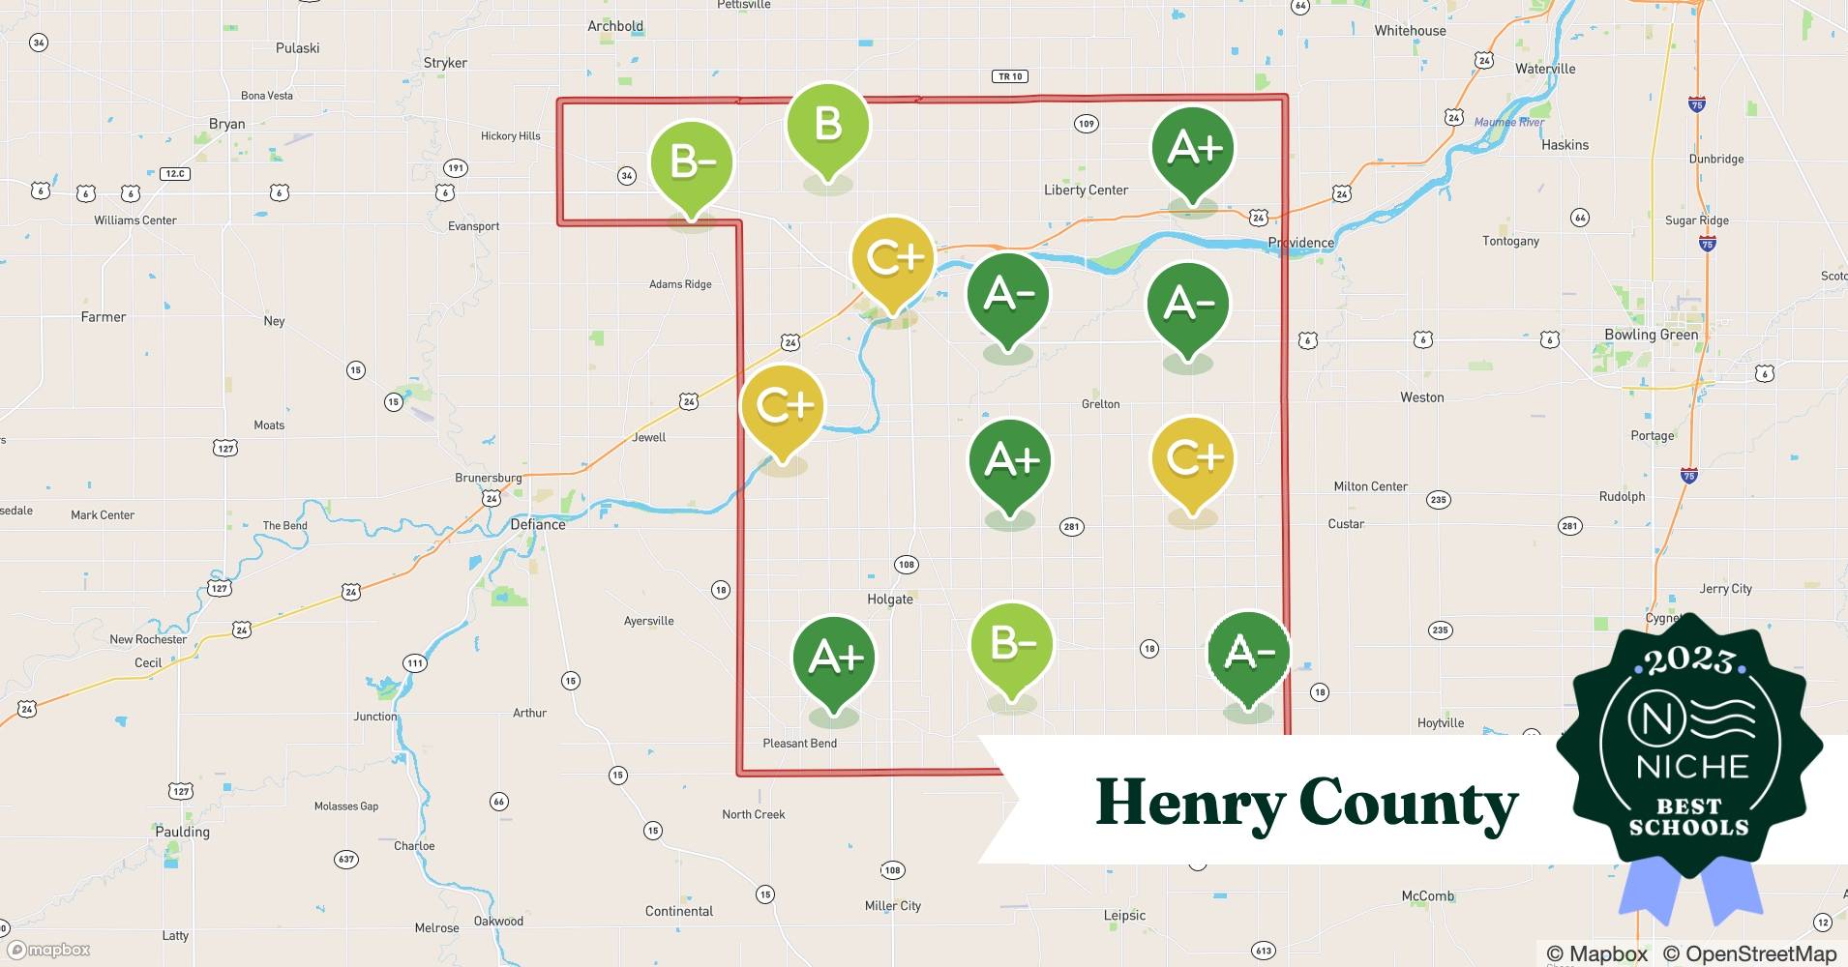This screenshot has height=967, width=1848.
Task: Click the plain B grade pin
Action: tap(827, 126)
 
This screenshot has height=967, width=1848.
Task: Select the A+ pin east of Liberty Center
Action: tap(1192, 149)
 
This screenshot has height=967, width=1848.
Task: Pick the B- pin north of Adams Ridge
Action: tap(691, 162)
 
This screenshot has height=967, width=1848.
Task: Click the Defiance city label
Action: tap(538, 524)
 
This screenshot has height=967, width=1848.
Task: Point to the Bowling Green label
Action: tap(1651, 335)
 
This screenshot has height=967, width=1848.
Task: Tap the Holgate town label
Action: tap(889, 600)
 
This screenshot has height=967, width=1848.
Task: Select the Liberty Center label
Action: tap(1086, 190)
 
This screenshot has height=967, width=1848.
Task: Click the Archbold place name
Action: tap(615, 26)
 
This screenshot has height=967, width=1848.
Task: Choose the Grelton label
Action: tap(1100, 404)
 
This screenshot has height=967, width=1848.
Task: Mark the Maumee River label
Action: tap(1508, 122)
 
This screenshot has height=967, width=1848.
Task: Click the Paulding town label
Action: tap(182, 832)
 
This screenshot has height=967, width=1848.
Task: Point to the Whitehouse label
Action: tap(1410, 31)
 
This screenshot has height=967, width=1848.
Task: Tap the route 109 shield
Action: tap(1086, 124)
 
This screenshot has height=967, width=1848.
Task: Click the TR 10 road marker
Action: tap(1009, 76)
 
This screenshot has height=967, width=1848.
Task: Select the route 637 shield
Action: tap(345, 859)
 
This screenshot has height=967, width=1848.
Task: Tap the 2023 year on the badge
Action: tap(1689, 660)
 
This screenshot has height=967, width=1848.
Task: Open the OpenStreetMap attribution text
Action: tap(1749, 954)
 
